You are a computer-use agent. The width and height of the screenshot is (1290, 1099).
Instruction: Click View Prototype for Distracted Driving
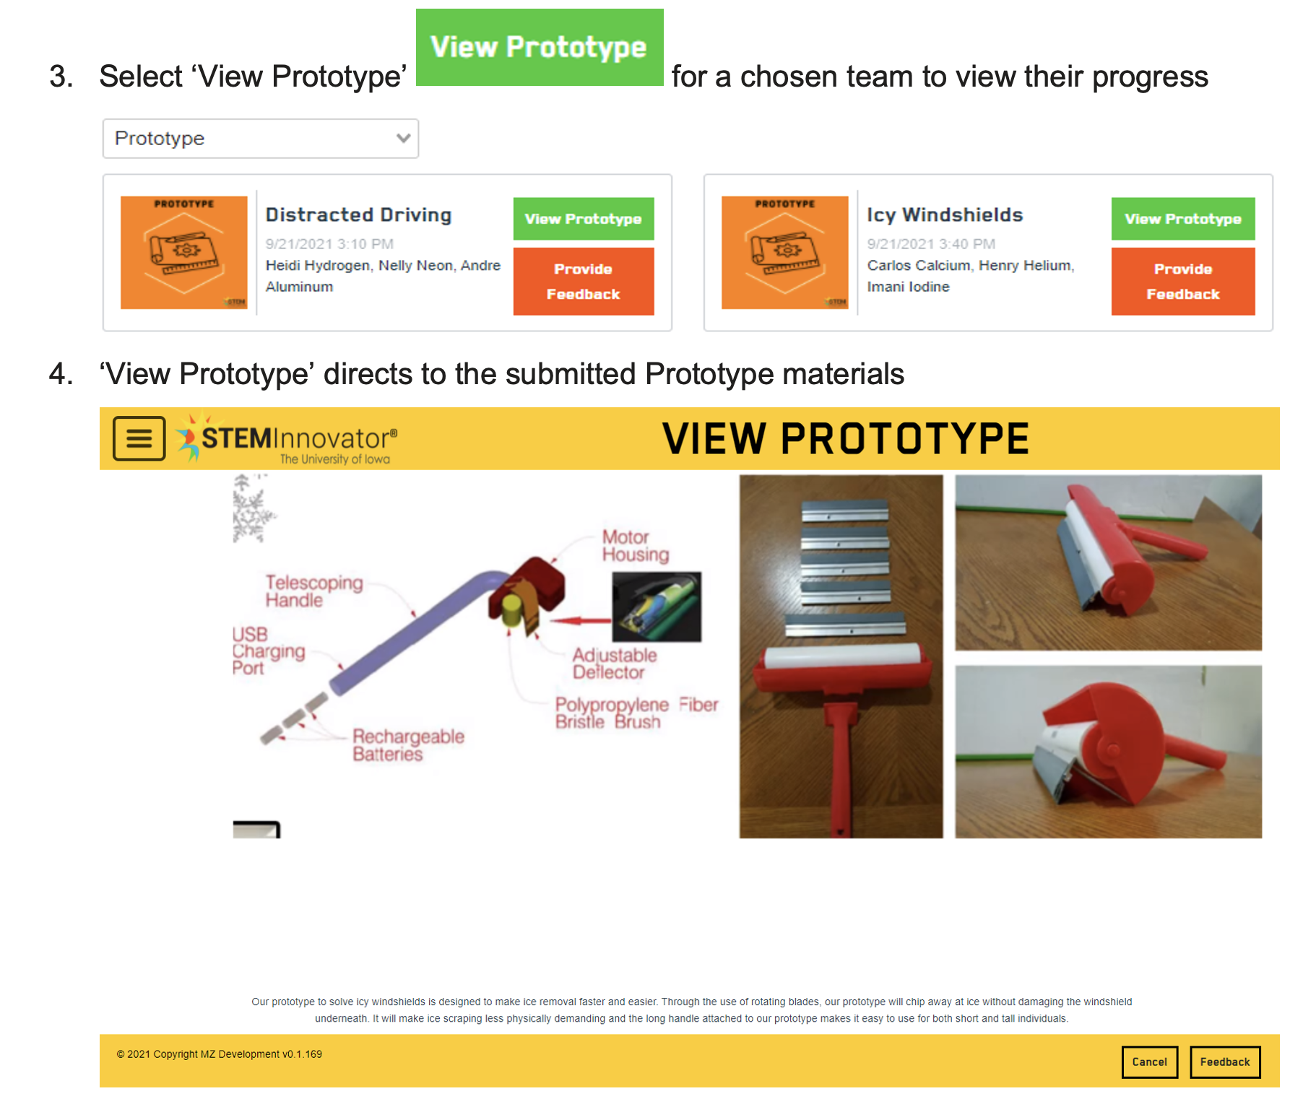tap(584, 219)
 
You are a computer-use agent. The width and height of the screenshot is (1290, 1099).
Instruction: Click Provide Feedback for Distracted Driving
tap(584, 282)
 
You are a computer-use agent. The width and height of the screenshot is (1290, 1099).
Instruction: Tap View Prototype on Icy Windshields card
tap(1183, 219)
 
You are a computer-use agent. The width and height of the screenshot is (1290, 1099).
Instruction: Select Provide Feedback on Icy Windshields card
tap(1183, 282)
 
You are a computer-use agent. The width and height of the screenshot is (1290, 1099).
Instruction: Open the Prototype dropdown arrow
tap(403, 138)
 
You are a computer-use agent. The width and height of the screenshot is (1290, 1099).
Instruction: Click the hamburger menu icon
tap(139, 438)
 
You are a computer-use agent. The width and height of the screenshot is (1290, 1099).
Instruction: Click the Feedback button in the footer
tap(1225, 1061)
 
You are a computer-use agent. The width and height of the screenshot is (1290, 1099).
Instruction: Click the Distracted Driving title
tap(358, 214)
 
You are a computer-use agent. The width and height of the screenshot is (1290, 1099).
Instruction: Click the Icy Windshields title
tap(945, 214)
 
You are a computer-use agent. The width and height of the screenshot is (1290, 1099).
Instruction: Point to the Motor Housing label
tap(636, 546)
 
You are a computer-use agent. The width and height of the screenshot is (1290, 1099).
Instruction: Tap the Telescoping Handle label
tap(314, 591)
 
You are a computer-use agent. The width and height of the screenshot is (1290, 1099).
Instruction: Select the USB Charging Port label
tap(268, 651)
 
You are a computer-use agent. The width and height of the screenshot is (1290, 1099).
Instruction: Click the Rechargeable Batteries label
tap(408, 745)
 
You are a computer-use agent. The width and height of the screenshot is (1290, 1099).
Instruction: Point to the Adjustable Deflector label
tap(615, 664)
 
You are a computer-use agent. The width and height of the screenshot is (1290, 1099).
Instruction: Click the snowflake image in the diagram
tap(253, 508)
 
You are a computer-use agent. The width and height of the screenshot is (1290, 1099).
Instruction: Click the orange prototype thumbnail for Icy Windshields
tap(785, 253)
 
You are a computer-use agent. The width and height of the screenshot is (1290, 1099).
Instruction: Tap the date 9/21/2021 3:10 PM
tap(329, 244)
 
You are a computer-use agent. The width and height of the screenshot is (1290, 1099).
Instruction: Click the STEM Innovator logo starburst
tap(189, 436)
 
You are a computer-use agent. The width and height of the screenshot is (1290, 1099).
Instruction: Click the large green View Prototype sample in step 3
tap(540, 48)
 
